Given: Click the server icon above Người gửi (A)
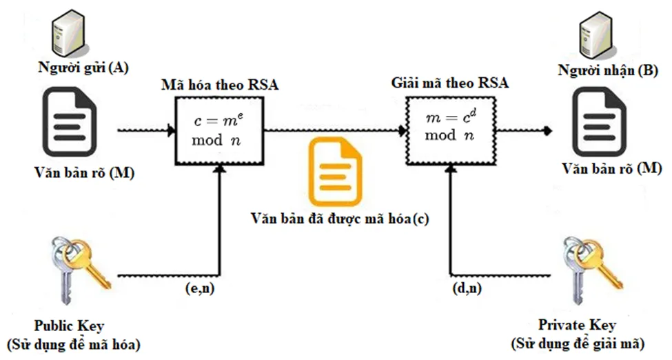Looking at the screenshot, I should [68, 31].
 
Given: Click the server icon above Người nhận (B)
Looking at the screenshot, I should [596, 31].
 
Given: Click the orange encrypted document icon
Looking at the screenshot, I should [334, 172].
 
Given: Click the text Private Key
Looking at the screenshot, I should [578, 325].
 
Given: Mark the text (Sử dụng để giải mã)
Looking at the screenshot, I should [578, 343].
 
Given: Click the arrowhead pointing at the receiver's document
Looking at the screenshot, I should [547, 130].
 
